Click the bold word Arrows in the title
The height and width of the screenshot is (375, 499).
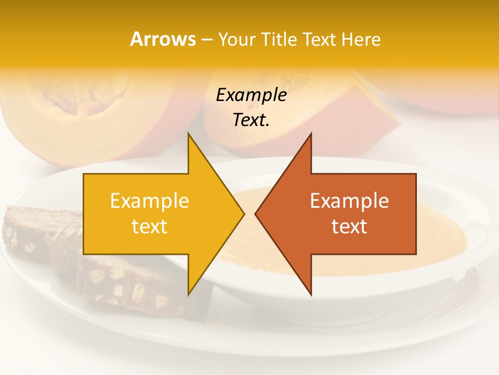click(163, 39)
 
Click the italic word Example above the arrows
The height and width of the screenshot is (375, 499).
click(251, 95)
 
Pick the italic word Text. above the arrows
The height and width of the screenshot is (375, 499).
click(251, 120)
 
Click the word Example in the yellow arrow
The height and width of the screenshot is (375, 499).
click(150, 201)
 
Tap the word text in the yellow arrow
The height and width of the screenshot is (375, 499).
click(150, 227)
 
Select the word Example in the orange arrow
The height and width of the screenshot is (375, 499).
click(349, 201)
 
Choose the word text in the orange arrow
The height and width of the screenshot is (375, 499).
click(349, 227)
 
